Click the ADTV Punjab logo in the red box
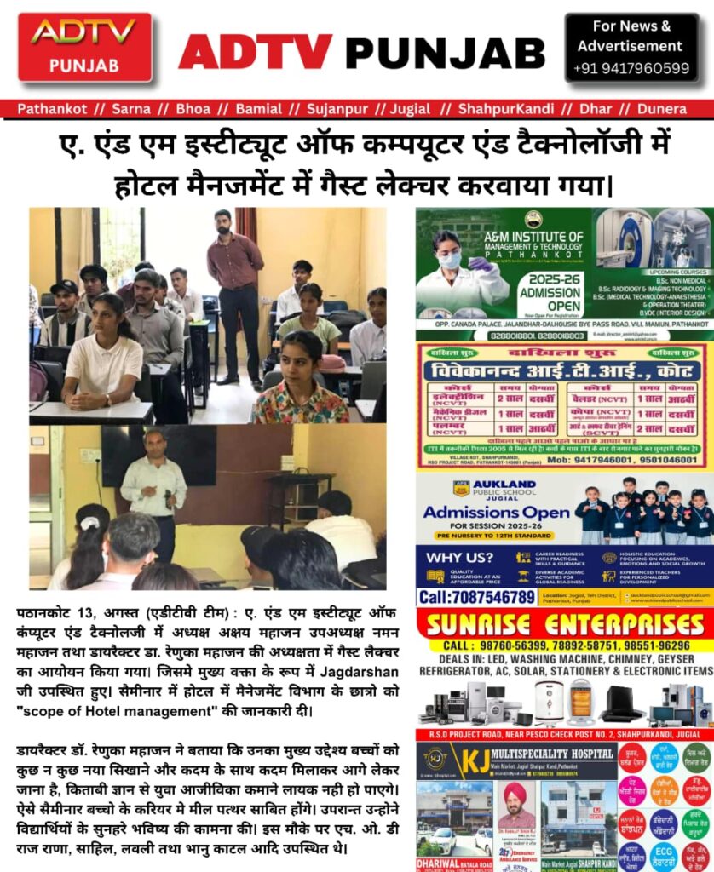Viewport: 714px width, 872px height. click(x=84, y=46)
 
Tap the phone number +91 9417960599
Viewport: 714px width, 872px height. click(x=631, y=68)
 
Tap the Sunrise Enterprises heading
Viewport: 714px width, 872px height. click(x=564, y=623)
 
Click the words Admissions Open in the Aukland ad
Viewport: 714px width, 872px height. click(x=496, y=513)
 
